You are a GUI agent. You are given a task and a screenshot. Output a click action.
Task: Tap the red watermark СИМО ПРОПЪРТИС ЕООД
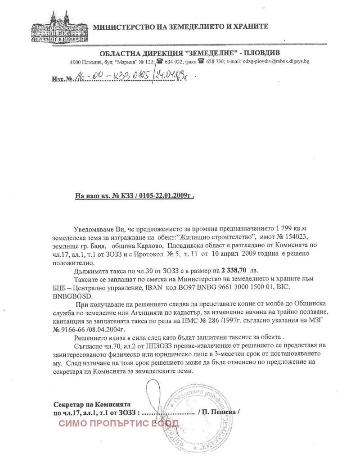coord(119,423)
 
